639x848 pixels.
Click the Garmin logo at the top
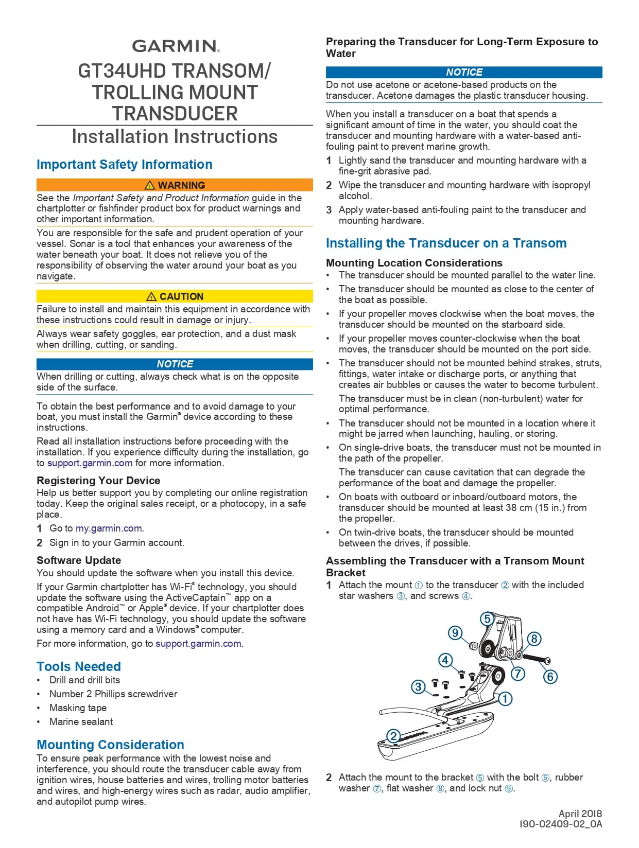point(175,46)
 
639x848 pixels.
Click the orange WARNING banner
point(175,185)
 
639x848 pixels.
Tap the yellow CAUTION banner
point(175,296)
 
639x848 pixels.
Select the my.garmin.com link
point(109,528)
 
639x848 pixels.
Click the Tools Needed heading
point(79,667)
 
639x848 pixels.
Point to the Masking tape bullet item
point(78,708)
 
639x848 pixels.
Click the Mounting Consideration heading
point(110,745)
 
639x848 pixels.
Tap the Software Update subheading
point(79,560)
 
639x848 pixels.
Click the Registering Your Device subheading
point(98,481)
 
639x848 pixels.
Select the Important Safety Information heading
point(124,165)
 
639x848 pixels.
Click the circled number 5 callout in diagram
point(487,619)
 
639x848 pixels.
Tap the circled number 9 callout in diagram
point(455,632)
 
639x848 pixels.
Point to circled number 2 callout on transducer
point(393,736)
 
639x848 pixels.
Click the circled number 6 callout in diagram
point(550,677)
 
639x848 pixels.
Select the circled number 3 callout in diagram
point(418,686)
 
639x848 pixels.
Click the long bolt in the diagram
point(536,658)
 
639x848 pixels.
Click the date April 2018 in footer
point(580,814)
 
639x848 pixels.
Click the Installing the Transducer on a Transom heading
point(446,243)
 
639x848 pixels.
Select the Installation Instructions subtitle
point(175,137)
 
